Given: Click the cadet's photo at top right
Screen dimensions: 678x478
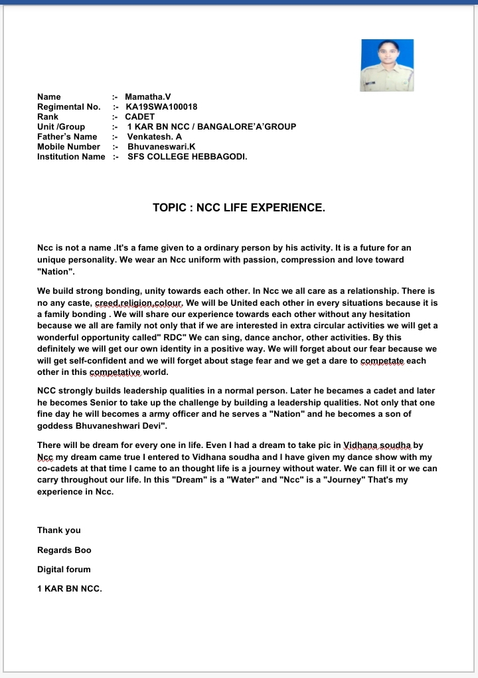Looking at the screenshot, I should click(386, 65).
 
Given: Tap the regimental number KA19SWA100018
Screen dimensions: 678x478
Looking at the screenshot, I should click(161, 107).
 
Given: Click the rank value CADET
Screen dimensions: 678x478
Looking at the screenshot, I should click(139, 117).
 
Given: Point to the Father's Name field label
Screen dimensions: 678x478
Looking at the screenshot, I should click(67, 137).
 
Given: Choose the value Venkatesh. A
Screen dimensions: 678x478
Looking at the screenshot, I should click(155, 137).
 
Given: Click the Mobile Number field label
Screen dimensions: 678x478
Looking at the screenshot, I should click(68, 147).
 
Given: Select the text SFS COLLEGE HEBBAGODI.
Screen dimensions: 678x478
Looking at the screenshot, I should click(187, 157).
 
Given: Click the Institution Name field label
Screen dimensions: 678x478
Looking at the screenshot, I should click(71, 157).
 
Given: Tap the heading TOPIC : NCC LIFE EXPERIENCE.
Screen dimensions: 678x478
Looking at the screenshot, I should click(239, 208).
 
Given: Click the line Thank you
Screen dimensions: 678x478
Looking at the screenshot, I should click(59, 530).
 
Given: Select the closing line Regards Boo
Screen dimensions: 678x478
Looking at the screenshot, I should click(64, 550).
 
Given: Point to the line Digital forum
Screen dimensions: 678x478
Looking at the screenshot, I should click(64, 570).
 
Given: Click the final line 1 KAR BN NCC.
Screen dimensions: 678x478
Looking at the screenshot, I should click(70, 589).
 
